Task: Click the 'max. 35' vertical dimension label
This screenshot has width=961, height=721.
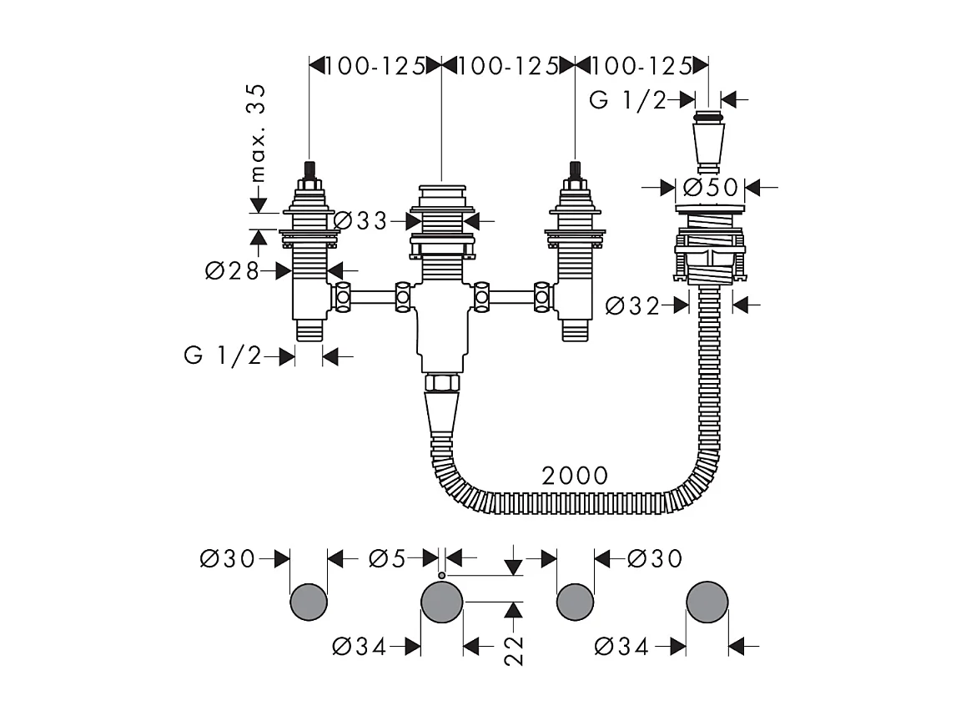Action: click(259, 133)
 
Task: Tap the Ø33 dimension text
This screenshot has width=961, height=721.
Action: click(361, 220)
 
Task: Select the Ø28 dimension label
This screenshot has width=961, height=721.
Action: click(232, 270)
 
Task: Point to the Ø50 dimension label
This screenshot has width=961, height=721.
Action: click(711, 187)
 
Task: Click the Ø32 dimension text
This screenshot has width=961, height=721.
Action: click(632, 305)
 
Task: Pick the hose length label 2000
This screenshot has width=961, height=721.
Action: click(575, 476)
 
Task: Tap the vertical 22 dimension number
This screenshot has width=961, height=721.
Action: click(514, 650)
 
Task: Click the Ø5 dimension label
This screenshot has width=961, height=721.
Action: click(387, 558)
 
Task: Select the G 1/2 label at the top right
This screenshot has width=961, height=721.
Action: click(627, 100)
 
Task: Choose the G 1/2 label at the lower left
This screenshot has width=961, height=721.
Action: click(223, 355)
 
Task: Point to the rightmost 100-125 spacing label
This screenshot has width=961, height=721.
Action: click(642, 66)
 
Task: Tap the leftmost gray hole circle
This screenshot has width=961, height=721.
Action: click(309, 602)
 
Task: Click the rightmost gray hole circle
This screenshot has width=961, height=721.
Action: click(707, 602)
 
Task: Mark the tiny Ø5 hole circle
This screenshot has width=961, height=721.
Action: click(441, 575)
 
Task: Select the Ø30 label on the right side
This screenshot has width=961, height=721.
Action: click(655, 558)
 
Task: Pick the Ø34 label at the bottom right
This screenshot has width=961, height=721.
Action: click(621, 646)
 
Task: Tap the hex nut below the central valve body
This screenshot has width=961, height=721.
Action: click(441, 382)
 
